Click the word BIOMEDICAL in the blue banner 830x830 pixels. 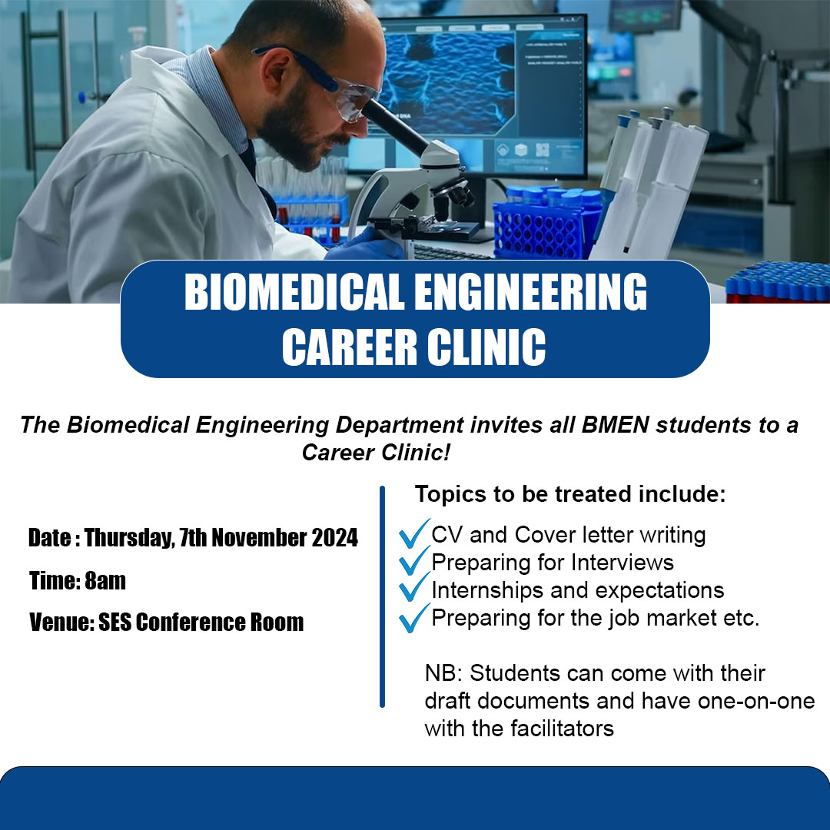(294, 292)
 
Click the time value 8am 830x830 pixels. (105, 581)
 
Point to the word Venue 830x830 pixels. (61, 622)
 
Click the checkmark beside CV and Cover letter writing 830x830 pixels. (414, 533)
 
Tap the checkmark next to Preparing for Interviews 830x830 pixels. (414, 560)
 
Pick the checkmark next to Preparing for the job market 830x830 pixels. (414, 618)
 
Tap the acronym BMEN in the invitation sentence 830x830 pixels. (615, 425)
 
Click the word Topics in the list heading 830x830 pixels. (450, 495)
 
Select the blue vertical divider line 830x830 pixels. (382, 596)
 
